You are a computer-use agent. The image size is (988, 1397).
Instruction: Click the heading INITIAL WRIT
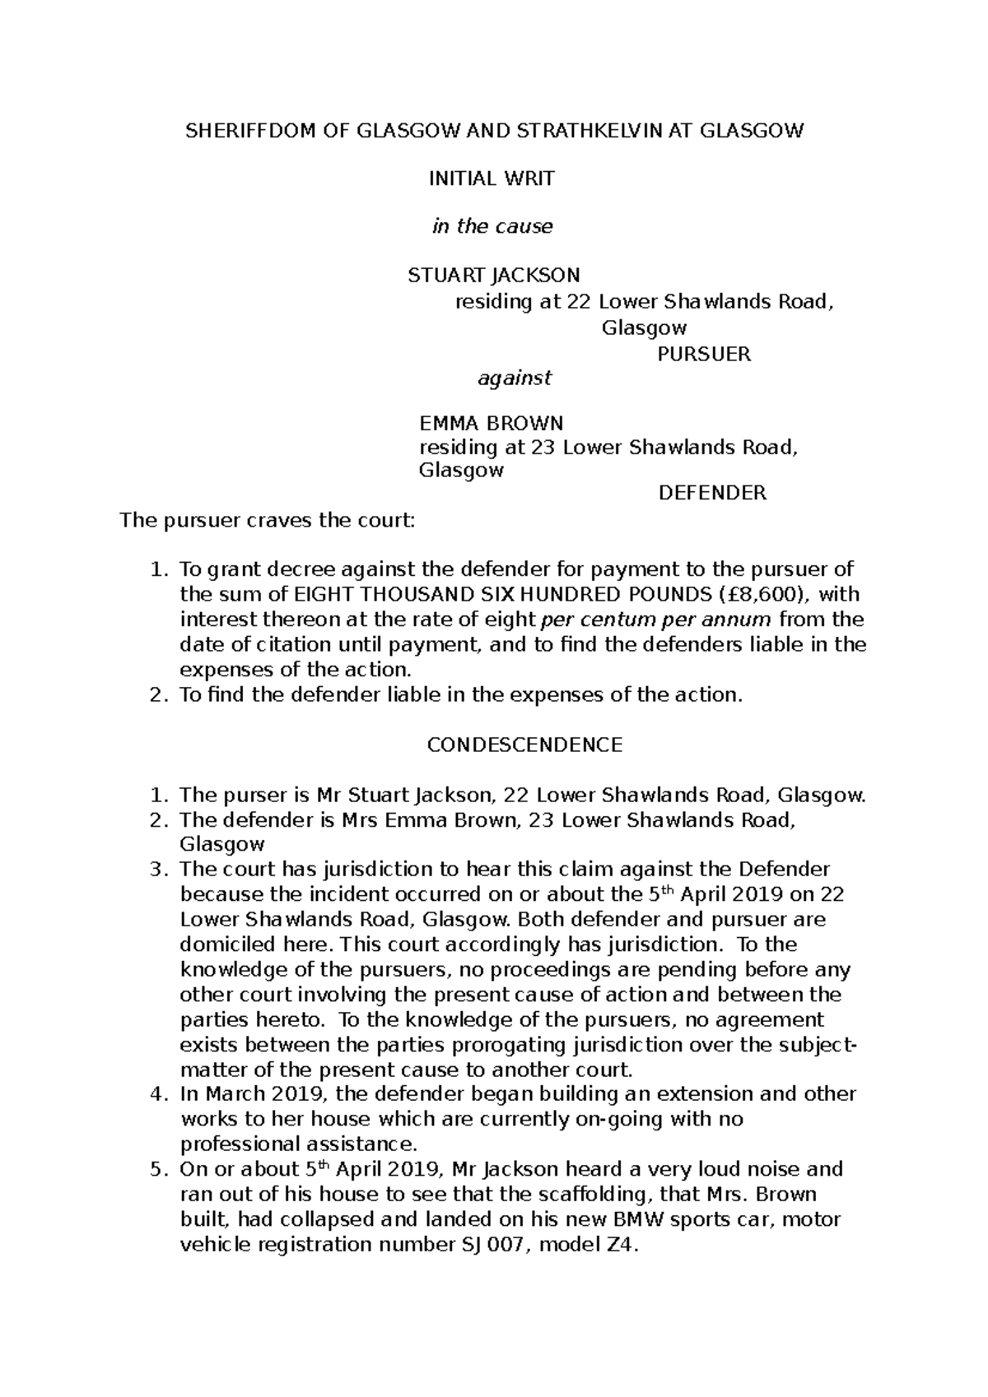[492, 179]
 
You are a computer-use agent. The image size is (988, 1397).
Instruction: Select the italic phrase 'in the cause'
[492, 226]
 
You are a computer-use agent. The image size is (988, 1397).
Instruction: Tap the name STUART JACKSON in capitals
[494, 275]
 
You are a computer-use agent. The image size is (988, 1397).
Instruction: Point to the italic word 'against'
[515, 378]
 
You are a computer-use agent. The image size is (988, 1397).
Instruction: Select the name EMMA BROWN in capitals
[491, 424]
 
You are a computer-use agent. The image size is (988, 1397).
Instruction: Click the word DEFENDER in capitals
[712, 493]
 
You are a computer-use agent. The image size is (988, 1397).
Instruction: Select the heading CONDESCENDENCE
[524, 745]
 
